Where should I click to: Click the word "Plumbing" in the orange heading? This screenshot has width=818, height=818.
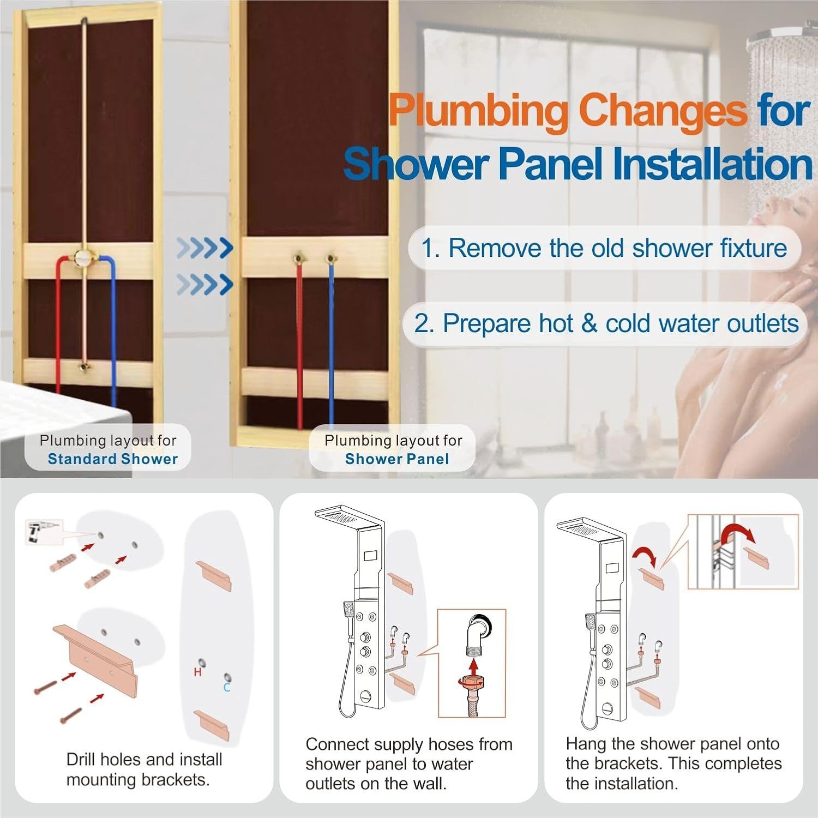(x=479, y=111)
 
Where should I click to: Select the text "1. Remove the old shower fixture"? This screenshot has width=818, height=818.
(x=604, y=248)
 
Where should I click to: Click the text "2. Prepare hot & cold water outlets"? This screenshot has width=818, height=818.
(x=606, y=323)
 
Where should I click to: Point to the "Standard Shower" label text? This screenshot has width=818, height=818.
(x=113, y=459)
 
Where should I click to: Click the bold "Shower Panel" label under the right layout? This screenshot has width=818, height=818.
(x=397, y=459)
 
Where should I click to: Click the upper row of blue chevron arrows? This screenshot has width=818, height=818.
(x=205, y=248)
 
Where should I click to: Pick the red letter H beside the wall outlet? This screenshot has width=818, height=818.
(x=198, y=672)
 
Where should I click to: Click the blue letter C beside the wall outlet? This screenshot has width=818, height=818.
(x=227, y=688)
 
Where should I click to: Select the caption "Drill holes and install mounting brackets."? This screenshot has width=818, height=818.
(x=144, y=769)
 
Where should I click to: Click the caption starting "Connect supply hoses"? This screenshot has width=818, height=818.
(x=409, y=764)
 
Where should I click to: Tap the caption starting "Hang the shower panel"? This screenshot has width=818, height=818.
(x=673, y=764)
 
